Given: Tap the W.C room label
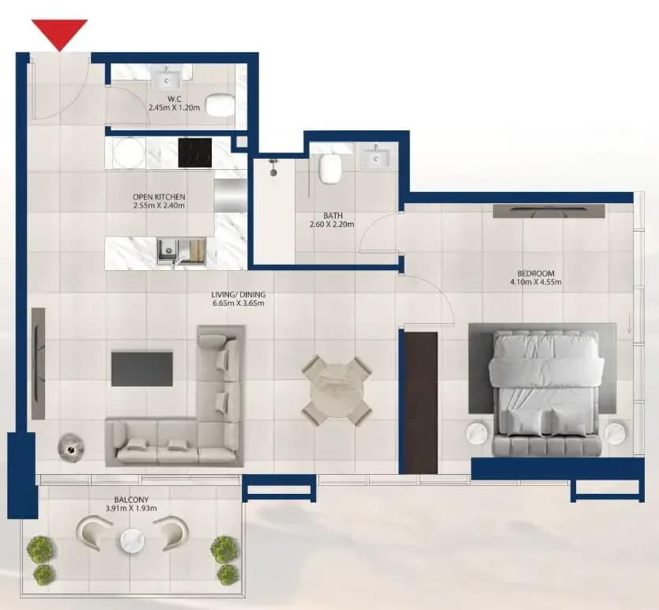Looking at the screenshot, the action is [175, 99].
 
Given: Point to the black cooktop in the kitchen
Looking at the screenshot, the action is [195, 153].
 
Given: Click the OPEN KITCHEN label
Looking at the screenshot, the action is [159, 197].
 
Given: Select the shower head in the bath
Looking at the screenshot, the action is [273, 167].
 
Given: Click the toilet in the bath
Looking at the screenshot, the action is [331, 168].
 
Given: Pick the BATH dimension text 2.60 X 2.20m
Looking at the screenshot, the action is [332, 224].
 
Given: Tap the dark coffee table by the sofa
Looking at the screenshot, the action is [142, 369].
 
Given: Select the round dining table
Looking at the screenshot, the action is [336, 390].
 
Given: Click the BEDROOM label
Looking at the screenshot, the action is [536, 273].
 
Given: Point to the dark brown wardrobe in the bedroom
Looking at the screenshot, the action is [421, 402].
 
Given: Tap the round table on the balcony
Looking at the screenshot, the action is [133, 540].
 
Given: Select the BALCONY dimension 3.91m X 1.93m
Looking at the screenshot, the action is [131, 508].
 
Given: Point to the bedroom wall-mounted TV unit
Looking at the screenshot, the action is [549, 211].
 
